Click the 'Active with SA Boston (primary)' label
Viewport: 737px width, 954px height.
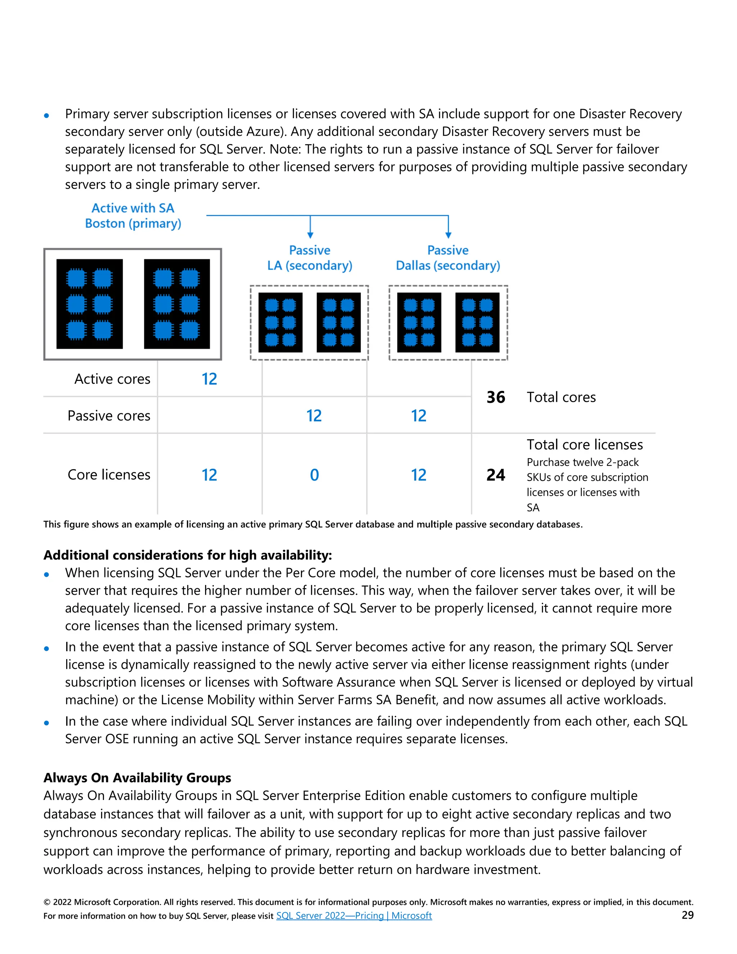(x=133, y=216)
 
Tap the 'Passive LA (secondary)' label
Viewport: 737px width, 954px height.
(x=309, y=258)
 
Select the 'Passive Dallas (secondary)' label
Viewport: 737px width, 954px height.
(x=448, y=258)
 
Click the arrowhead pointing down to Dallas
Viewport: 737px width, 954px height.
(x=448, y=235)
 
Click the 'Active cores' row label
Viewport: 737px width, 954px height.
(x=112, y=379)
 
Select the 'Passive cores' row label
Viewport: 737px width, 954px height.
(x=109, y=415)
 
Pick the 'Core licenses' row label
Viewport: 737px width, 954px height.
(x=109, y=475)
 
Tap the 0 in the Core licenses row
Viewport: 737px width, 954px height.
(x=315, y=475)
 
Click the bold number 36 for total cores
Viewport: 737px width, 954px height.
(x=496, y=397)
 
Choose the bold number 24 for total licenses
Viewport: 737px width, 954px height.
(x=496, y=475)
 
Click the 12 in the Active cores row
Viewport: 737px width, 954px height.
(x=209, y=379)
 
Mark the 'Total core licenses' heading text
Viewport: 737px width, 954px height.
(x=585, y=445)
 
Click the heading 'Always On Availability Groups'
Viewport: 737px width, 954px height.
(x=137, y=778)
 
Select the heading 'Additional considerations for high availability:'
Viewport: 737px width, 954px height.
(x=188, y=555)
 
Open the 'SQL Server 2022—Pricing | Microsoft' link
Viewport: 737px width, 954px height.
(x=354, y=915)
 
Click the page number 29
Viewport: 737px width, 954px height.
(x=687, y=915)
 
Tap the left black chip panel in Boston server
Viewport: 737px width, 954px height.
(x=90, y=304)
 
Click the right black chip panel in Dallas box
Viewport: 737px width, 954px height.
(x=477, y=322)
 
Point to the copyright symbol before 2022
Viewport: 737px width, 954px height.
(x=47, y=903)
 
